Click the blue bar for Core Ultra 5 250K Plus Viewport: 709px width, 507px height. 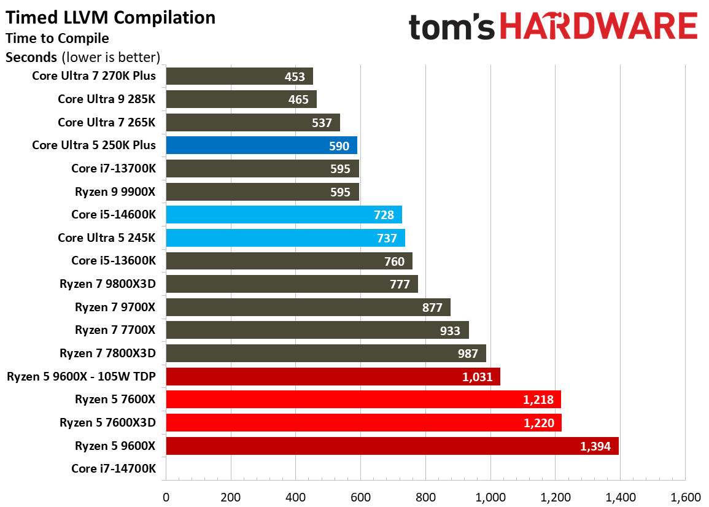click(261, 145)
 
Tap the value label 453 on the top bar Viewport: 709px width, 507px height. click(295, 77)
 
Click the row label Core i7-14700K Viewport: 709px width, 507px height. click(114, 469)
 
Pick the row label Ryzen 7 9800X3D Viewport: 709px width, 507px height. click(107, 284)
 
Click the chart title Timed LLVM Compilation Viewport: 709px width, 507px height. click(110, 18)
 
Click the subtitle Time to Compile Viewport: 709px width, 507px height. click(57, 39)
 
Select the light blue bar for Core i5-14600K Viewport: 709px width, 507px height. click(284, 215)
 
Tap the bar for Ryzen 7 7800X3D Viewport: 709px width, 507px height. click(325, 354)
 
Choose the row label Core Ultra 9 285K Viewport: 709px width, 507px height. click(107, 99)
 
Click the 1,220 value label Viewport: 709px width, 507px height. click(538, 423)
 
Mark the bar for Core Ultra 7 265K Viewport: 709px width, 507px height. click(252, 123)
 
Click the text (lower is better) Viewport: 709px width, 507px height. click(110, 58)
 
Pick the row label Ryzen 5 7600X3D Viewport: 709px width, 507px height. click(107, 423)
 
